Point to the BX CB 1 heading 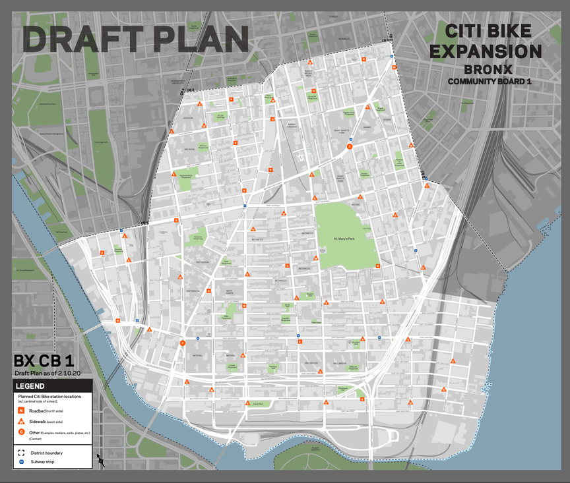(44, 360)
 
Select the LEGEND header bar (52, 385)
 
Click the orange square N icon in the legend (22, 410)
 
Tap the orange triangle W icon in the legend (22, 420)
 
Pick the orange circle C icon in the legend (22, 432)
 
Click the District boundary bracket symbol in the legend (22, 453)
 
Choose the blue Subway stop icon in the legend (22, 461)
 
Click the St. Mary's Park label (346, 238)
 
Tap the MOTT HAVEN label (229, 292)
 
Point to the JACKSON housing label (188, 119)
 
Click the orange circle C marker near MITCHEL (183, 343)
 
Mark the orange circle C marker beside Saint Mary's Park (350, 147)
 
